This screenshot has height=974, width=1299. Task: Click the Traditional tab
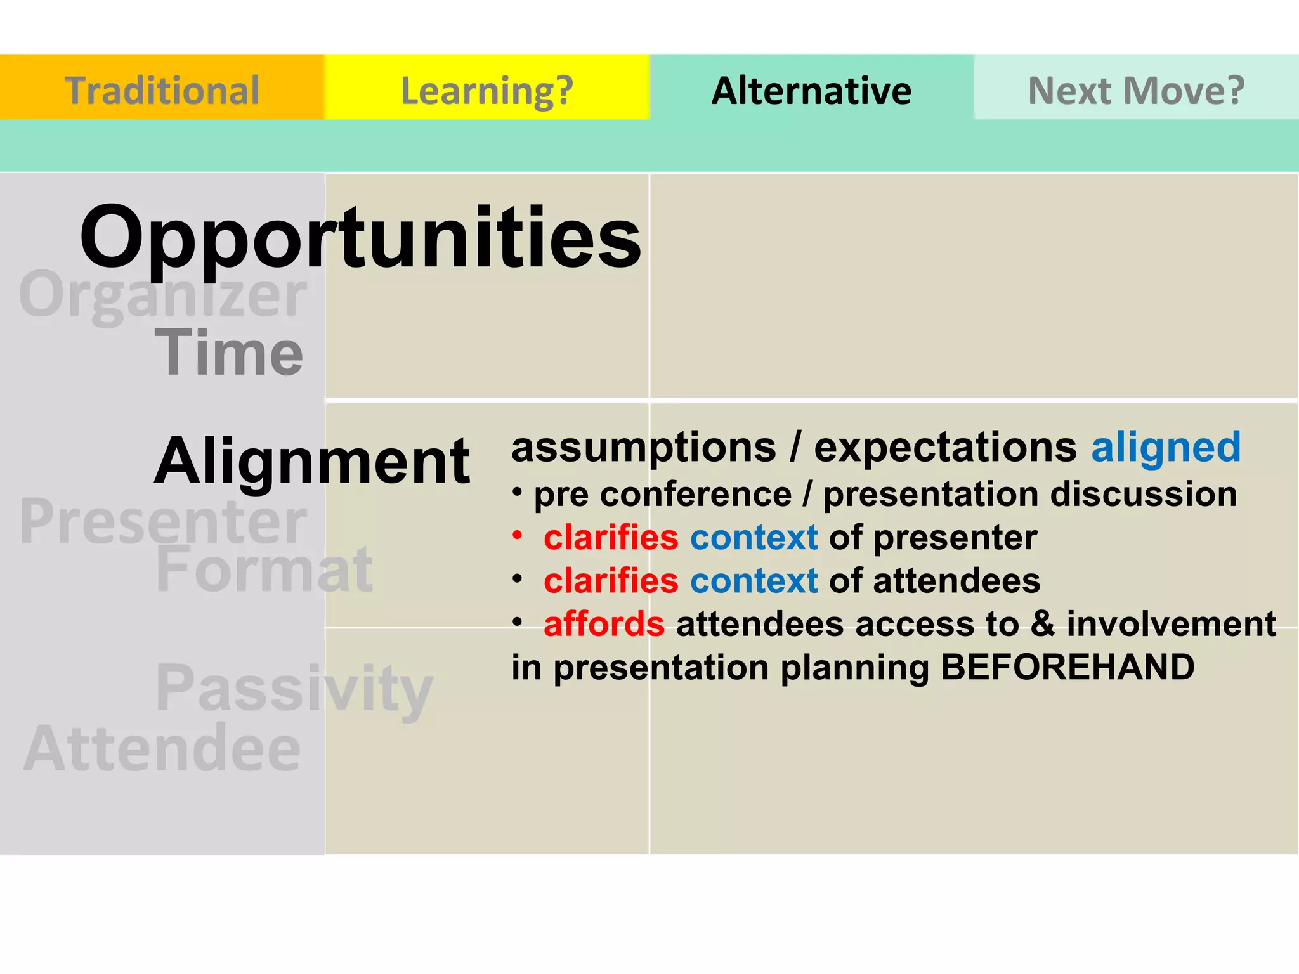(162, 90)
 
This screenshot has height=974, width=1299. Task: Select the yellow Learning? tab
(486, 90)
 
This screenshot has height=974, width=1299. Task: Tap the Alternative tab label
(811, 90)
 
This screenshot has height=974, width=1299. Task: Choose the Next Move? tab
(1136, 90)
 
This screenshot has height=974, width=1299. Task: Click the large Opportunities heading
(360, 238)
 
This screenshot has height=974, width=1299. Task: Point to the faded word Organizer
(163, 295)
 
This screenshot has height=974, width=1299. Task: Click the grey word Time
(229, 353)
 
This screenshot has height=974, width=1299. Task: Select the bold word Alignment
(312, 462)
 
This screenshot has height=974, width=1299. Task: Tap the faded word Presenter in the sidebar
(163, 521)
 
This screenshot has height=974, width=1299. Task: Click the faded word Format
(264, 570)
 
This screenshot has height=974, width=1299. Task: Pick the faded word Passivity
(294, 689)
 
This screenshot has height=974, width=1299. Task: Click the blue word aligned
(1166, 447)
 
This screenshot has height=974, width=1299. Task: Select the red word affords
(604, 624)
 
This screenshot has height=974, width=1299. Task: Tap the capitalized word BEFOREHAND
(1067, 667)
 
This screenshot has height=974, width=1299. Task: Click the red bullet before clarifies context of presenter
(518, 535)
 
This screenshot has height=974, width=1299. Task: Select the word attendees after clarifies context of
(956, 581)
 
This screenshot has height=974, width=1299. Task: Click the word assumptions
(644, 448)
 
